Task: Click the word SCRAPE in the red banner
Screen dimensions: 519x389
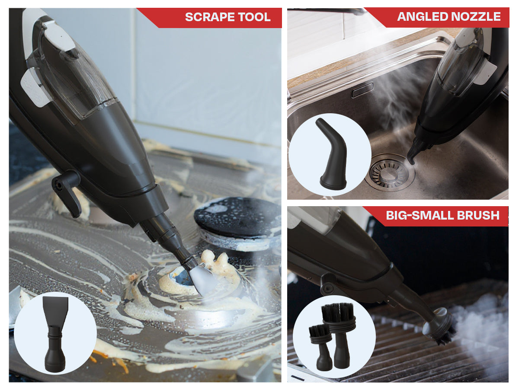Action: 210,17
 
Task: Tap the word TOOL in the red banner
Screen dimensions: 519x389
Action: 254,17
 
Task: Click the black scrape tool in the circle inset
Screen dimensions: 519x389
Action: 55,334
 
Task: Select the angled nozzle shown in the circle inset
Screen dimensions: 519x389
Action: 332,153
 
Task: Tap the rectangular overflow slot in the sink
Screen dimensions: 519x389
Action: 362,90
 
